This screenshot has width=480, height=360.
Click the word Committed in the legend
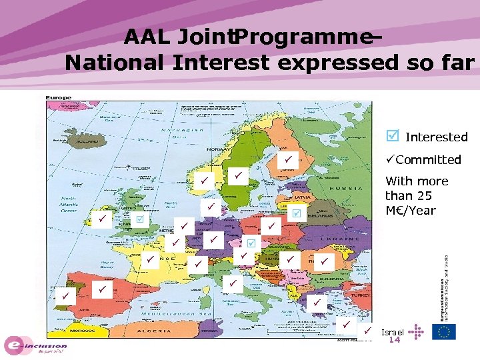click(428, 159)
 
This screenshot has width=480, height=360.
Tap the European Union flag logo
click(444, 331)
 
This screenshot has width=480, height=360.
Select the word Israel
click(393, 331)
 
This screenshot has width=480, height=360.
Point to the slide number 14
click(394, 340)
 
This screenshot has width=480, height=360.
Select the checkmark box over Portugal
click(65, 295)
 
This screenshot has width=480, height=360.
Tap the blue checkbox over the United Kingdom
click(140, 219)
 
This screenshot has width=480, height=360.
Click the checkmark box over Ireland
click(101, 219)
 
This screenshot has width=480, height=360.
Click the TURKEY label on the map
click(351, 294)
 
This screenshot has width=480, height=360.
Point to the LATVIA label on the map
click(301, 197)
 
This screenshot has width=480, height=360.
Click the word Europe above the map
click(59, 98)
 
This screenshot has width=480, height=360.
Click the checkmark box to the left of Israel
click(367, 331)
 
